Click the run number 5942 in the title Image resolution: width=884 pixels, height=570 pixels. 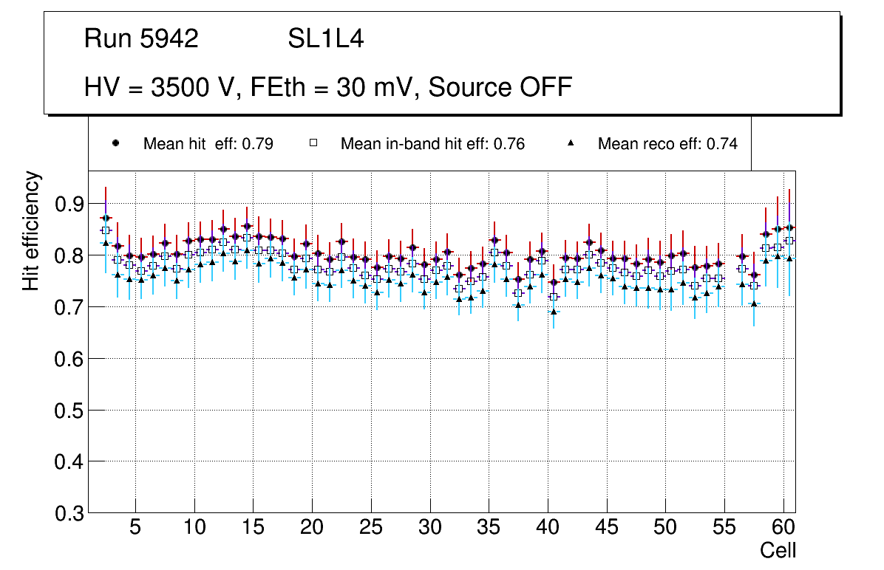click(169, 39)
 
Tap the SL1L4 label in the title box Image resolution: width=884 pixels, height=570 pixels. click(326, 39)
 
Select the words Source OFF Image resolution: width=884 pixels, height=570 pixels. click(500, 87)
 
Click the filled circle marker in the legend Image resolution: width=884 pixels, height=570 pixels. click(115, 143)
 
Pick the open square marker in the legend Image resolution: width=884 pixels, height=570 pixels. click(313, 143)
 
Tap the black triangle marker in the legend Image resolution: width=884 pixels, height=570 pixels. click(571, 143)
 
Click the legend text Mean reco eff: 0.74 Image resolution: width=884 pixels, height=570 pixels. click(667, 144)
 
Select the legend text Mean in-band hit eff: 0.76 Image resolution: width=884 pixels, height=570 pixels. click(432, 144)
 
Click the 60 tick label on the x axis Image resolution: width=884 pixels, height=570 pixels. click(783, 529)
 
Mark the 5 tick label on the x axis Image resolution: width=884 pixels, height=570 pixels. click(135, 529)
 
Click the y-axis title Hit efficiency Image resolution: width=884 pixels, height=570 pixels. click(31, 230)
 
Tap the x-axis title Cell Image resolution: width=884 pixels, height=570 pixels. click(778, 551)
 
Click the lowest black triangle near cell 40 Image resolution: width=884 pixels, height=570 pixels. click(554, 312)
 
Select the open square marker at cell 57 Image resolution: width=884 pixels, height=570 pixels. click(754, 286)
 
